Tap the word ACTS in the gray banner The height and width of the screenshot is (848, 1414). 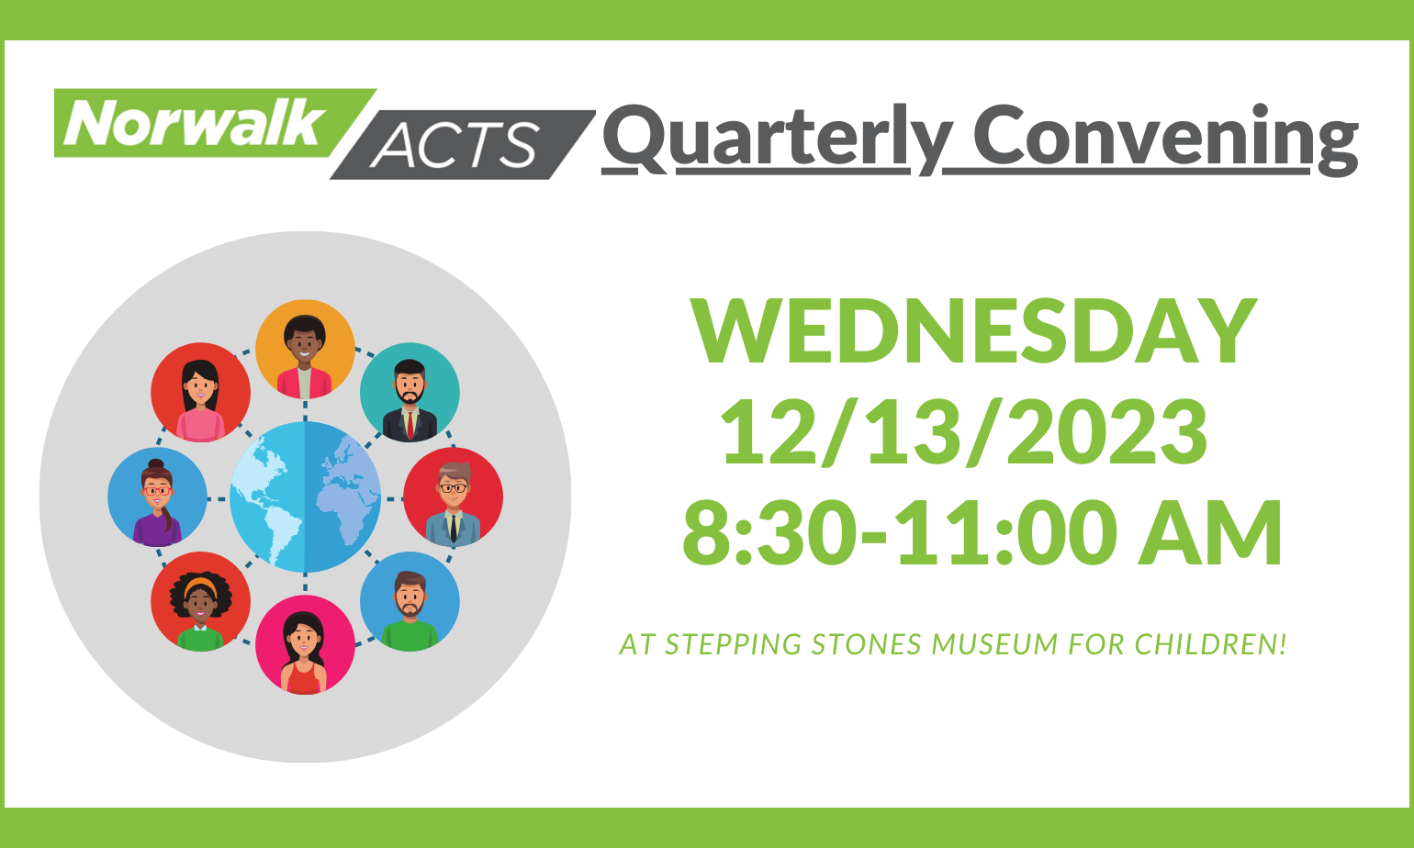[454, 144]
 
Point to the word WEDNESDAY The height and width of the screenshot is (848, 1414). [974, 332]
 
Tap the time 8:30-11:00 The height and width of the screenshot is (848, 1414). [896, 533]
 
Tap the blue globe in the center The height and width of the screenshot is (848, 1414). [305, 497]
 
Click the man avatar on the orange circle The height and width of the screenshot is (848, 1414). [305, 350]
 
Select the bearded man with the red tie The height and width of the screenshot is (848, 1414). [410, 393]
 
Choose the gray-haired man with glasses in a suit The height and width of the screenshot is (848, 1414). [454, 497]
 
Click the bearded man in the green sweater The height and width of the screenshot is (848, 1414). [410, 602]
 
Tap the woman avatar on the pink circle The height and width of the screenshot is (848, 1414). [305, 645]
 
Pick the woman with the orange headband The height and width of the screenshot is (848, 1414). [201, 602]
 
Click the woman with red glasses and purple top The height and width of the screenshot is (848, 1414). [157, 497]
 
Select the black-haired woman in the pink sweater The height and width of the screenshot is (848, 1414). [201, 393]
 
